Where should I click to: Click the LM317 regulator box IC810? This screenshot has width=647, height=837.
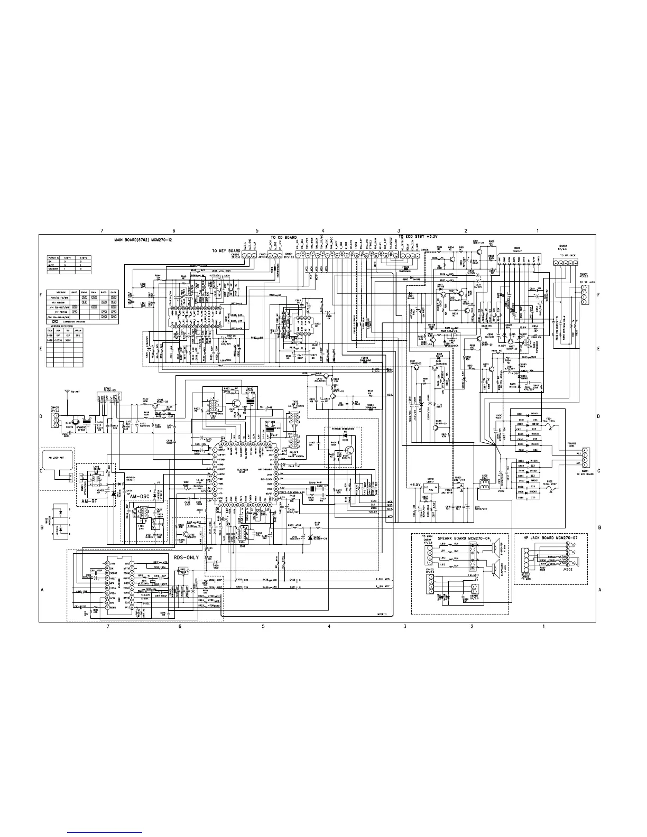(x=432, y=489)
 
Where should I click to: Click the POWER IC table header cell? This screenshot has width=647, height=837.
(x=55, y=258)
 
